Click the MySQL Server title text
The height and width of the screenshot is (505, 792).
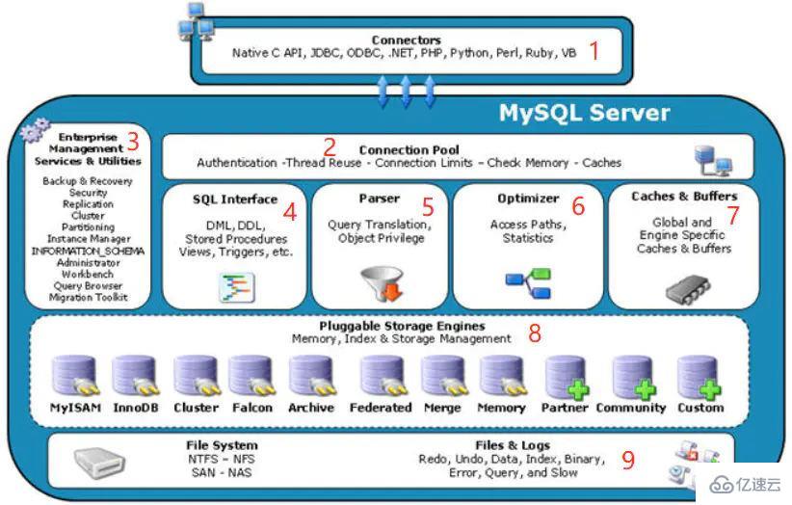pyautogui.click(x=583, y=113)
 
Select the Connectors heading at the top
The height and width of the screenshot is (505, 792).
pyautogui.click(x=406, y=40)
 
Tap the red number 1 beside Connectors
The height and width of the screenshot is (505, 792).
pyautogui.click(x=594, y=51)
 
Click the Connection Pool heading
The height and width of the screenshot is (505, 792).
pyautogui.click(x=408, y=150)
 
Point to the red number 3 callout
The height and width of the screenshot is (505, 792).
pyautogui.click(x=133, y=142)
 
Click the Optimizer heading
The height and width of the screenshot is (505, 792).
pyautogui.click(x=528, y=199)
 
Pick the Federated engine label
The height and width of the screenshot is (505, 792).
pyautogui.click(x=380, y=408)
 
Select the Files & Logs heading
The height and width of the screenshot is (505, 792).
pyautogui.click(x=513, y=445)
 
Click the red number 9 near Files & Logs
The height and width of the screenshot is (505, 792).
pyautogui.click(x=627, y=460)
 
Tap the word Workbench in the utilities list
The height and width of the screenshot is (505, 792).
pyautogui.click(x=88, y=274)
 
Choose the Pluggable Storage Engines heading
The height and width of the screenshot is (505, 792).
pyautogui.click(x=402, y=327)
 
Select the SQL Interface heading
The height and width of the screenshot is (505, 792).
pyautogui.click(x=234, y=199)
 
